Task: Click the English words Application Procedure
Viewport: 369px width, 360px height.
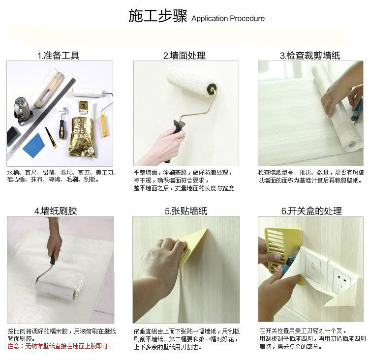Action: pos(228,18)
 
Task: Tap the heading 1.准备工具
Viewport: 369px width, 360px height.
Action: pos(58,56)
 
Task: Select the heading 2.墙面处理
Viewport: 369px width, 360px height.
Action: pos(184,56)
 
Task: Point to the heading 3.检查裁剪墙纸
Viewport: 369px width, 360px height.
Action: pos(310,56)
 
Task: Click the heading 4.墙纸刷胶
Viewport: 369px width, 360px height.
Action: pos(56,211)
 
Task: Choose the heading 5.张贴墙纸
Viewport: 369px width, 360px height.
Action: pos(186,211)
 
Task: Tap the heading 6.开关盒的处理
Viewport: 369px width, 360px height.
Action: pos(311,211)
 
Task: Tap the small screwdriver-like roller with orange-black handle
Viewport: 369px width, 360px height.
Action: pos(62,124)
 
